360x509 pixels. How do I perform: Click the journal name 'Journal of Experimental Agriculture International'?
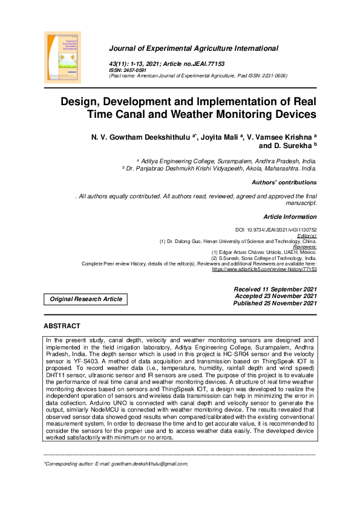(193, 48)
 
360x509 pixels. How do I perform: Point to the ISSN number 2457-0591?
(132, 70)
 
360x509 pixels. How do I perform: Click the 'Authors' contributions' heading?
(283, 182)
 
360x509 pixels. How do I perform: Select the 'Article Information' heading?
(290, 216)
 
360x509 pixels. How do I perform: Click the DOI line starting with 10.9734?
(275, 230)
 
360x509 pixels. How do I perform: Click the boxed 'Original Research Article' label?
(85, 299)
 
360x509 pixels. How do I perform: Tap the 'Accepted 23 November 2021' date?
(275, 296)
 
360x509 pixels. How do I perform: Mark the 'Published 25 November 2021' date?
(275, 303)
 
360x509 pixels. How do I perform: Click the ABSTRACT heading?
(62, 326)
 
